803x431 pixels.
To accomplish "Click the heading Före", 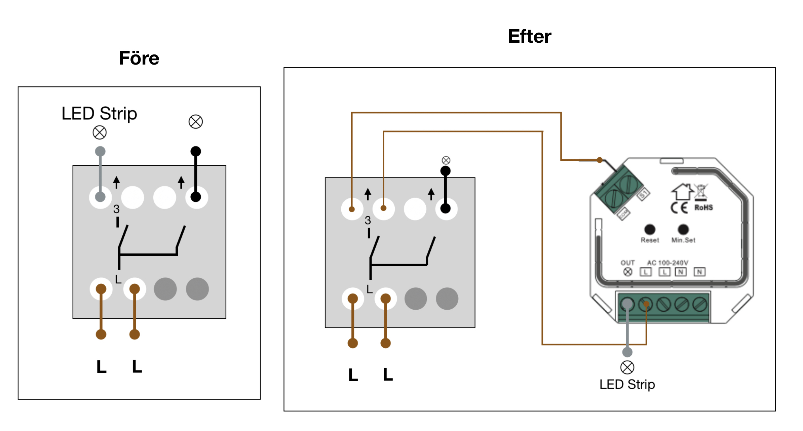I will (139, 58).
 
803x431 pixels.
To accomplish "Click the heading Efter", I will (529, 36).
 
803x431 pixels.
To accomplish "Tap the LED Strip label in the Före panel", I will (99, 113).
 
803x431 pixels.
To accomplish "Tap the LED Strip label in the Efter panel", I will (627, 384).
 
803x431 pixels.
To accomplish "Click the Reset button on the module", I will (650, 230).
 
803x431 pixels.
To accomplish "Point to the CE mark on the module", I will (679, 208).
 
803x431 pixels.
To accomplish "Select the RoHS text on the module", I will (703, 207).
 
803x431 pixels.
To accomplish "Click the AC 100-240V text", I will (667, 263).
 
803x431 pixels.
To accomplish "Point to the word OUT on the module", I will (627, 263).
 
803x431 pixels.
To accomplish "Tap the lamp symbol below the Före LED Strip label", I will (100, 132).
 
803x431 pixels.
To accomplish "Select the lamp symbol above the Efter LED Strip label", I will (627, 367).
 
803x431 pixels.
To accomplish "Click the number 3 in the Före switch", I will (116, 209).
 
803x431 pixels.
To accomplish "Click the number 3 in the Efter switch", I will (368, 220).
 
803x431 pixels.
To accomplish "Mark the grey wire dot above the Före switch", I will (100, 151).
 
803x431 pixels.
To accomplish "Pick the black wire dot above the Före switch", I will (196, 151).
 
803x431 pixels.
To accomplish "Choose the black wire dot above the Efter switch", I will (446, 171).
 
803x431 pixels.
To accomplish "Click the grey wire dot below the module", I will (627, 352).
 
